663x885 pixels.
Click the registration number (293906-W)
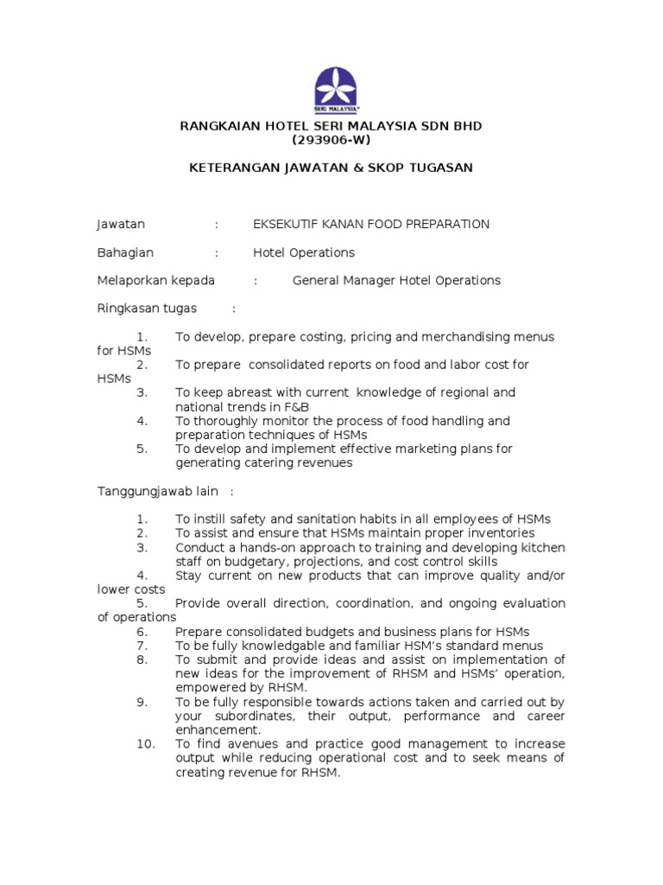tap(331, 140)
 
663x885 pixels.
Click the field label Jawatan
tap(121, 225)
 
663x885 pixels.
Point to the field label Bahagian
tap(125, 253)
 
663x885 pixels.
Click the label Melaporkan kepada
tap(155, 281)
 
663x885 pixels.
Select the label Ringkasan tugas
tap(147, 309)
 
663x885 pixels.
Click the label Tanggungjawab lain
tap(157, 492)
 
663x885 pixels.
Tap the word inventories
tap(492, 533)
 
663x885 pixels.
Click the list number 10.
tap(144, 744)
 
